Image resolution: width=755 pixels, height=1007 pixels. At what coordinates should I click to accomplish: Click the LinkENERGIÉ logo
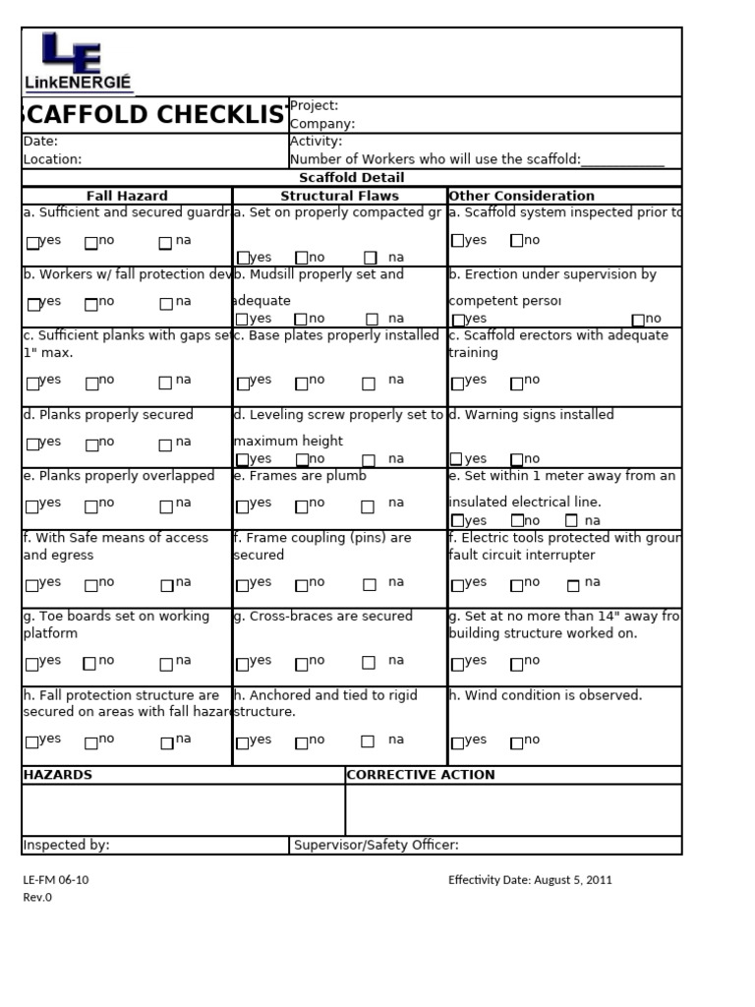point(79,62)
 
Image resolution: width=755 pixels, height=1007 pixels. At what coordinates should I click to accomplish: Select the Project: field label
point(314,105)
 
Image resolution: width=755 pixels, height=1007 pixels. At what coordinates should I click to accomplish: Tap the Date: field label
point(40,142)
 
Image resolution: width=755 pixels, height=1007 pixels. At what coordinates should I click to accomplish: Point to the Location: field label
point(52,159)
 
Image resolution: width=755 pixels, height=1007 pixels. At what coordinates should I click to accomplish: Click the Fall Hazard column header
point(127,196)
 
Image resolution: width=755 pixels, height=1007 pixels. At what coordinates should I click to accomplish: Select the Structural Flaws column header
point(339,196)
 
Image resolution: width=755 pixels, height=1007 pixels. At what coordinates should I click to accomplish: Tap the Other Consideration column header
point(521,196)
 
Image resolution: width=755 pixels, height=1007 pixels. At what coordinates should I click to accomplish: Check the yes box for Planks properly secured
point(33,444)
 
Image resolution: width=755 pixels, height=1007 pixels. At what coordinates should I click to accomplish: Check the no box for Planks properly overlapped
point(91,506)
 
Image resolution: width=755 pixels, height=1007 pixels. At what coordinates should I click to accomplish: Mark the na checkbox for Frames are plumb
point(368,506)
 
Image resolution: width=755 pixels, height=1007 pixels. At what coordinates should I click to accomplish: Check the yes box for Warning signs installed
point(456,458)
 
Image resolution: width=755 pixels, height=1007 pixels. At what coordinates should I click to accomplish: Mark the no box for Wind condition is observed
point(517,742)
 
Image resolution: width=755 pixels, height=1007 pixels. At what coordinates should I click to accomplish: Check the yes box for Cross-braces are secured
point(243,664)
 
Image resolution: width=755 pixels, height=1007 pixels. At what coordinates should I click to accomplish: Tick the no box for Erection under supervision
point(638,320)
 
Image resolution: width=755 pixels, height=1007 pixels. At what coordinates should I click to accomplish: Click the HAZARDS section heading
point(57,775)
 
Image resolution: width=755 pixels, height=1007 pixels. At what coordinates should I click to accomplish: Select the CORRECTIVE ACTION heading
point(421,775)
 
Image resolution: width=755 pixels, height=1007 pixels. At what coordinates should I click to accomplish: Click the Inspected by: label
point(66,845)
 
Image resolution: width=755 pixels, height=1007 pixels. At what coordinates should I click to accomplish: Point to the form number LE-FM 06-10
point(56,880)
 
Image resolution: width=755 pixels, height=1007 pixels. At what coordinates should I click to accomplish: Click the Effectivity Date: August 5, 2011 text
point(530,880)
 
